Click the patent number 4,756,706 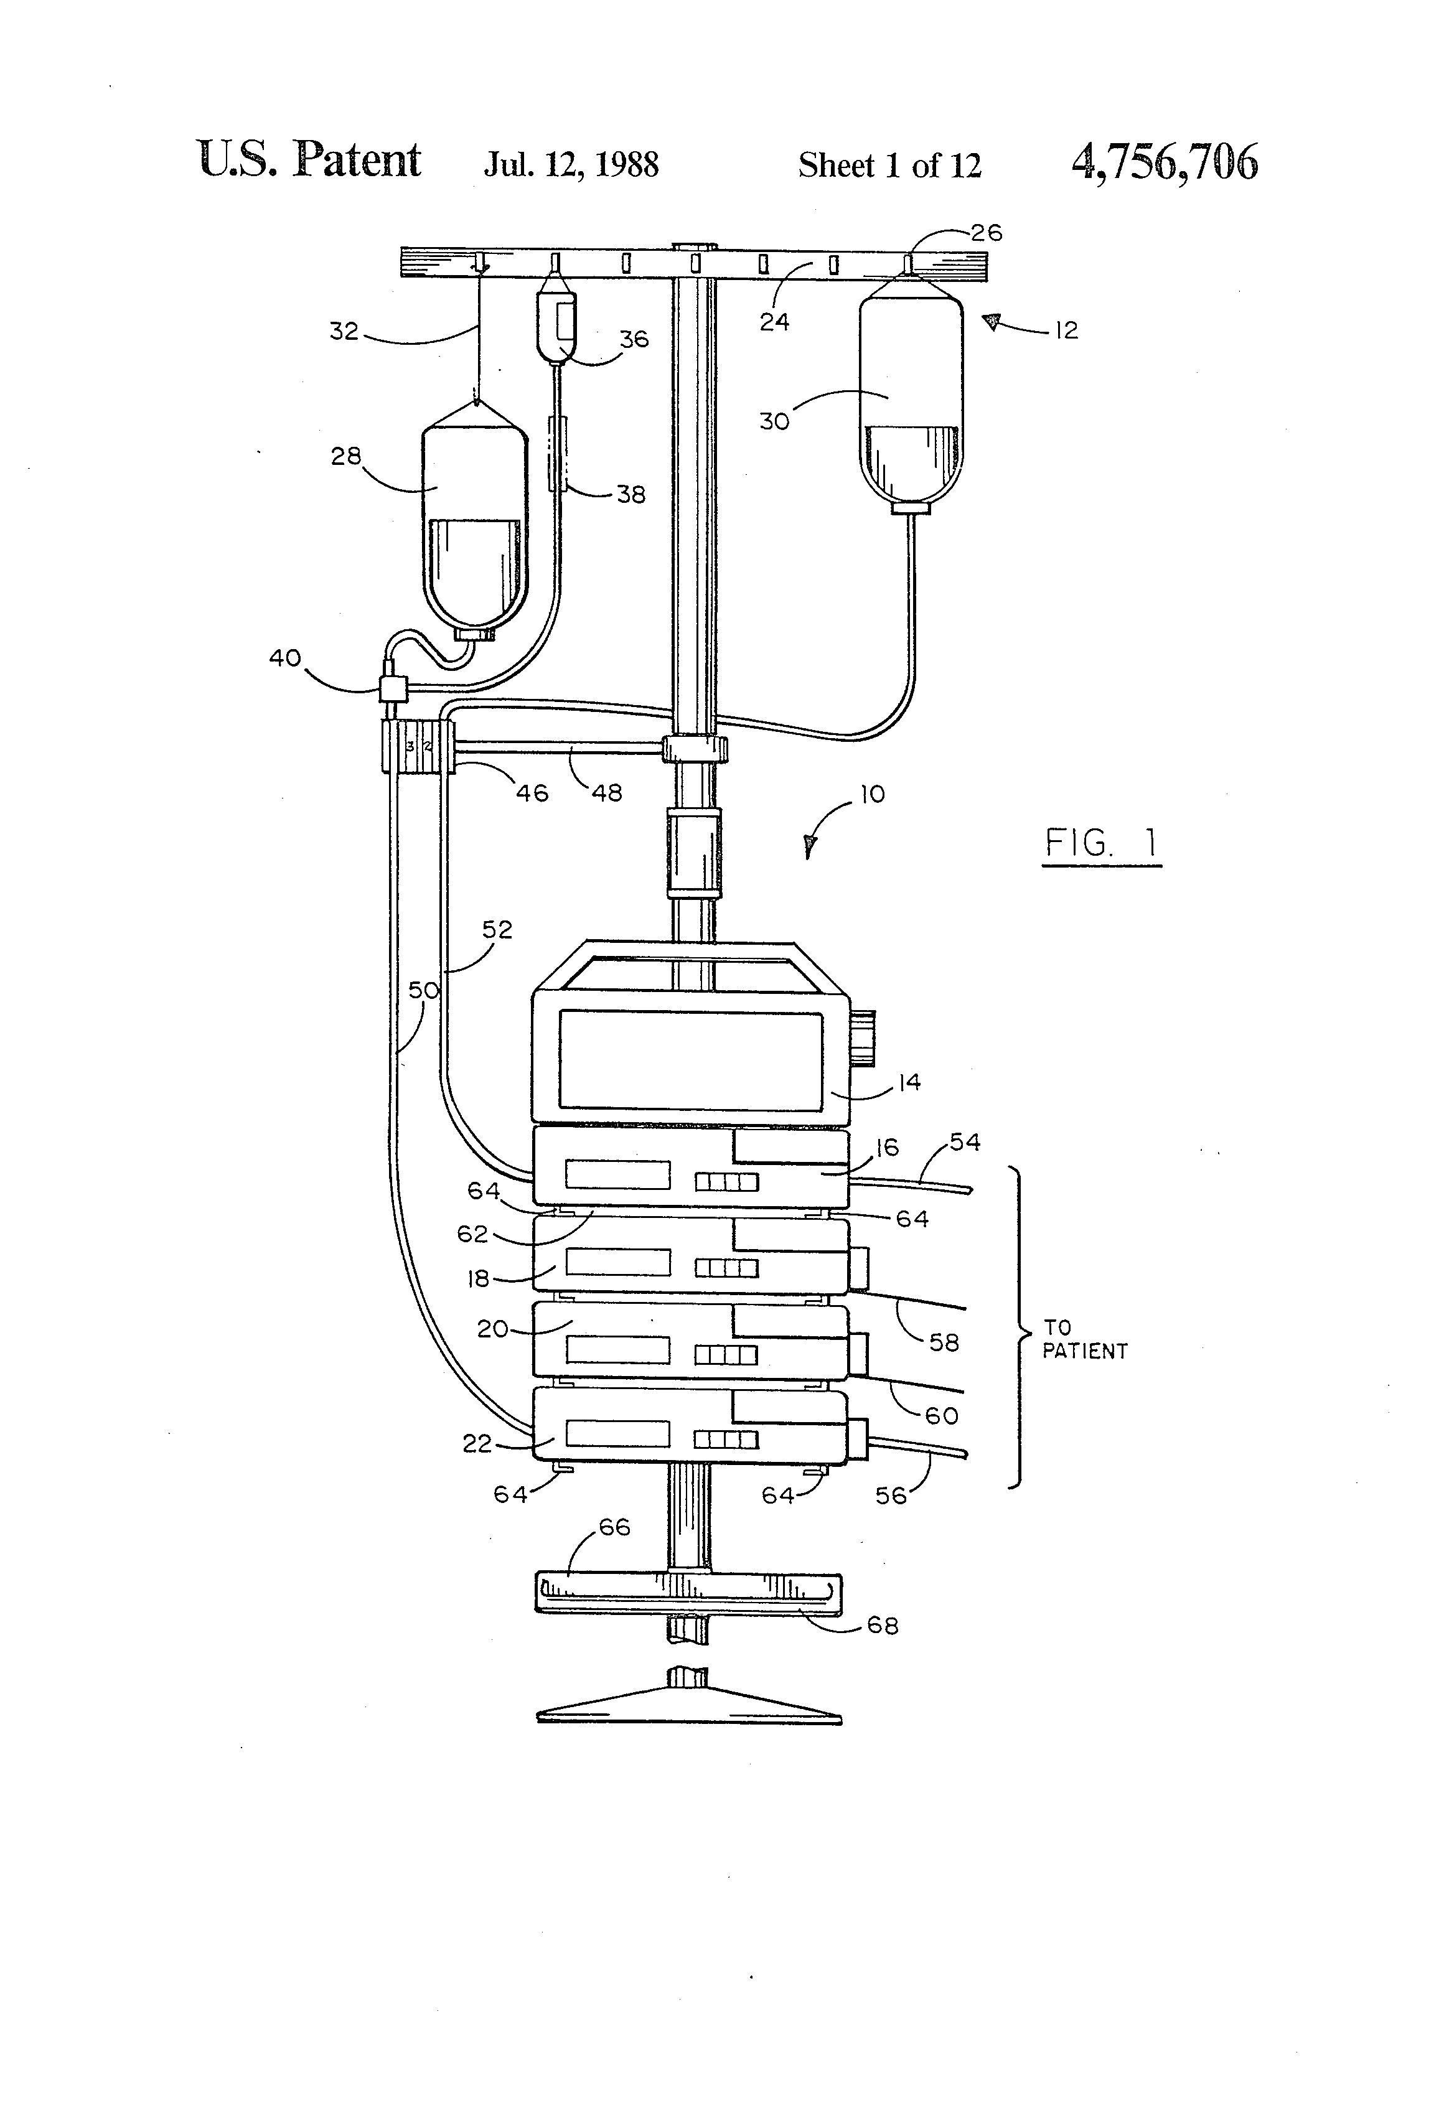click(x=1164, y=162)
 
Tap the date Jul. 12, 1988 click(x=571, y=164)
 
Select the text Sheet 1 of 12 click(x=889, y=165)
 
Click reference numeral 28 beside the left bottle click(x=346, y=456)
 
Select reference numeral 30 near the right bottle click(x=774, y=421)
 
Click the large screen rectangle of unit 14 click(x=690, y=1060)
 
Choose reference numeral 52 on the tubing click(x=497, y=929)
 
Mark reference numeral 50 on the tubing click(x=423, y=990)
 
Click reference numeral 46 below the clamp click(x=532, y=792)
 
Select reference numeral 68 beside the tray click(x=883, y=1626)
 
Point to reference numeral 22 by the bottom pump click(x=477, y=1443)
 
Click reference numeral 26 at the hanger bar click(x=986, y=233)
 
